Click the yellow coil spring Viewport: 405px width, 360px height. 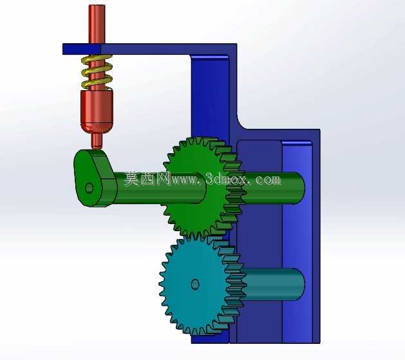(x=97, y=71)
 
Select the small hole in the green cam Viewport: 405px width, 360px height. (x=89, y=188)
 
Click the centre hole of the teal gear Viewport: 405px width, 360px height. (x=195, y=285)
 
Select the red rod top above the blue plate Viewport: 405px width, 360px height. (x=97, y=24)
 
